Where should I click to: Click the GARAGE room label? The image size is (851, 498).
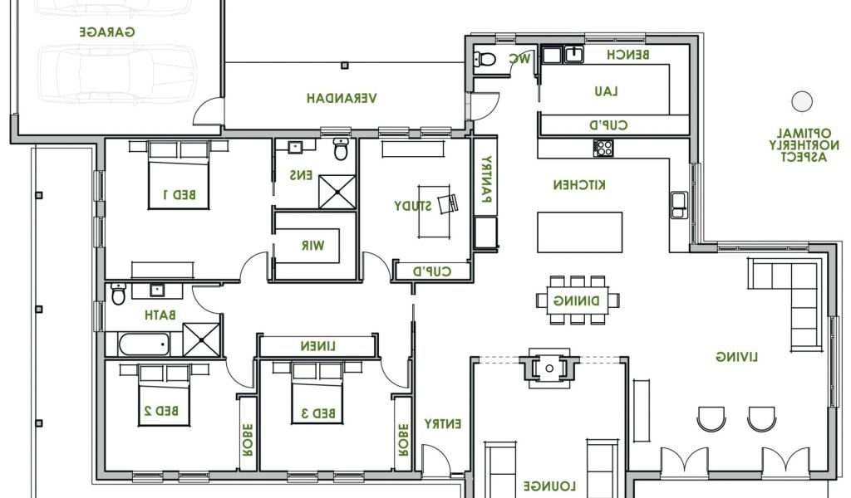click(107, 32)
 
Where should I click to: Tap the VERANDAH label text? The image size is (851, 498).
click(342, 98)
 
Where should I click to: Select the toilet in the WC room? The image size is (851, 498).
click(485, 59)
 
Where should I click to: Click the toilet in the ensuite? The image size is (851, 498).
click(341, 149)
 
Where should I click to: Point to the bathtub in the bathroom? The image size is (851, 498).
click(144, 344)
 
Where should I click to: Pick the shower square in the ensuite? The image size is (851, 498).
click(337, 192)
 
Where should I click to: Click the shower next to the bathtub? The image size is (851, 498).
click(201, 339)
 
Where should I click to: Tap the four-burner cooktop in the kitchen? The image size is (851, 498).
click(603, 148)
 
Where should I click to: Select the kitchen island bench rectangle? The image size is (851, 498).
click(579, 232)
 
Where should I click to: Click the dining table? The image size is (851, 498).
click(578, 300)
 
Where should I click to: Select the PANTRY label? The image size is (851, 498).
click(486, 179)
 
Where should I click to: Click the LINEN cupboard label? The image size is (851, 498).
click(318, 346)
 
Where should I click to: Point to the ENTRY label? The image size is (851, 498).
click(443, 424)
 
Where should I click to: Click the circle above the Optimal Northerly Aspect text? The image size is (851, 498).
click(802, 101)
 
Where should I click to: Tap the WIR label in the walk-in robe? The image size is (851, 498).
click(313, 246)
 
